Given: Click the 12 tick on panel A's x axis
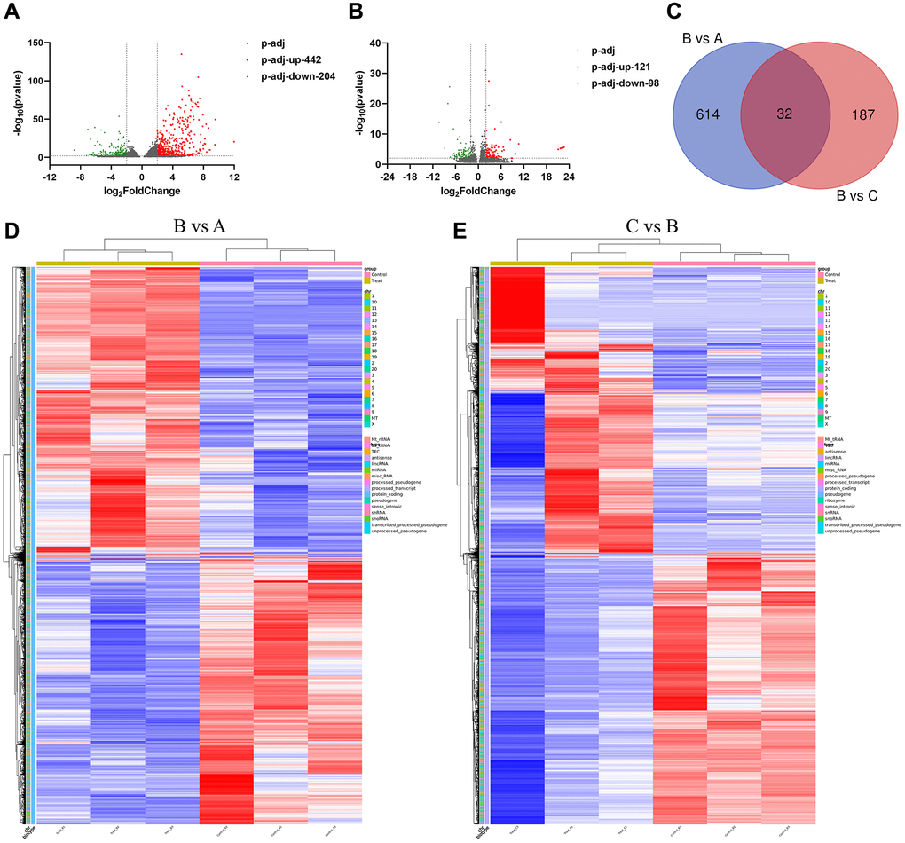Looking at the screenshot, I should pyautogui.click(x=234, y=177).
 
